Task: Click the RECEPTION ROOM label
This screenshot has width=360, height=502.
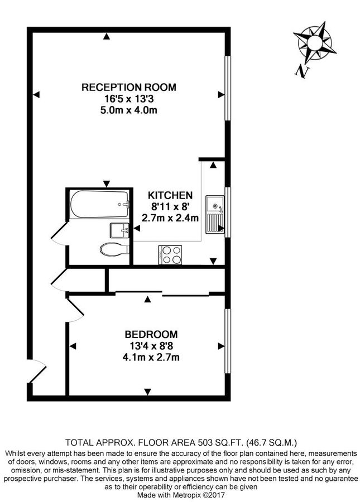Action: click(x=128, y=87)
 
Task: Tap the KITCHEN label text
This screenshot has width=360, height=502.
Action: click(x=170, y=196)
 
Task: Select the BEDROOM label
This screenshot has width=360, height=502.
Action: click(x=151, y=335)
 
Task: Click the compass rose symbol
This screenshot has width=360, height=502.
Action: click(x=313, y=42)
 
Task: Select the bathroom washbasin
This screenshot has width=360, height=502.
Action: click(x=119, y=229)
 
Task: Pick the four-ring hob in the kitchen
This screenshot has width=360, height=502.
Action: click(x=171, y=255)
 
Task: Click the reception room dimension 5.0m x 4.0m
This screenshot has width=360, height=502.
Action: click(x=128, y=110)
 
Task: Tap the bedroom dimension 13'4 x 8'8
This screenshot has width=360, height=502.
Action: click(x=151, y=346)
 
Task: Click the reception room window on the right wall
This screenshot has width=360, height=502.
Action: click(x=228, y=87)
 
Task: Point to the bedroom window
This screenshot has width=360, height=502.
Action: click(x=228, y=341)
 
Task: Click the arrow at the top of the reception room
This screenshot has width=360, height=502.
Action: click(x=106, y=37)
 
